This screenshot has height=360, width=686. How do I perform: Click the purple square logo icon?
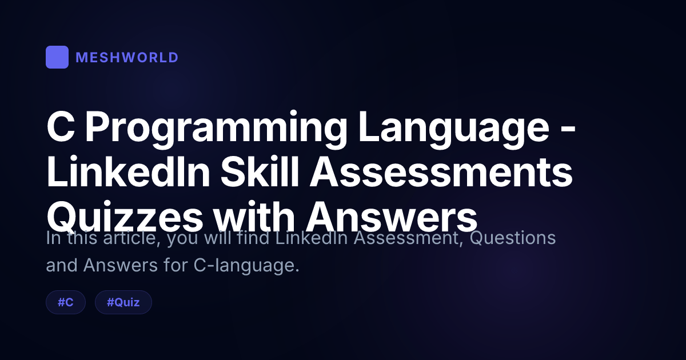(x=57, y=57)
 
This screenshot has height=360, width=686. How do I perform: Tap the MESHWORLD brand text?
(x=127, y=58)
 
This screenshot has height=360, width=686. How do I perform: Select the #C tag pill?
(x=66, y=302)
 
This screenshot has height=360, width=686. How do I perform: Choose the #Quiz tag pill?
(x=123, y=302)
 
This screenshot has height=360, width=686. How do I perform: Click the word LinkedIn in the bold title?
(x=128, y=171)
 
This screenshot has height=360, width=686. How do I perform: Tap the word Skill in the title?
(x=260, y=171)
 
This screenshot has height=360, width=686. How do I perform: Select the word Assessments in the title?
(x=441, y=172)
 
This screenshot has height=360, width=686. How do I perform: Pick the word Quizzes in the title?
(x=125, y=217)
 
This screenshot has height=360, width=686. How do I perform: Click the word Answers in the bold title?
(x=392, y=217)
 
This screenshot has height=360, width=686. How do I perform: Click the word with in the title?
(x=254, y=216)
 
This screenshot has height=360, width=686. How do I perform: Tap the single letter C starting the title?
(x=61, y=127)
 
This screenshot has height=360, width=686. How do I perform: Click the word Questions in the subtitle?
(x=513, y=238)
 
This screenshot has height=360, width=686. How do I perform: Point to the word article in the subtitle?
(x=132, y=238)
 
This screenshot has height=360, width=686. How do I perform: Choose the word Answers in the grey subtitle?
(x=121, y=265)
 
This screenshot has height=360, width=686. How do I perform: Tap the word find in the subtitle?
(x=253, y=238)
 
